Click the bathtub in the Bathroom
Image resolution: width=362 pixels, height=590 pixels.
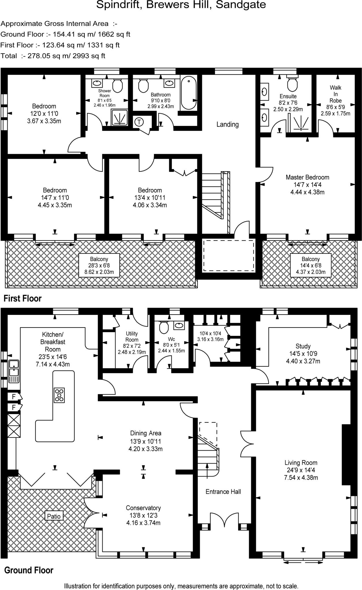(x=189, y=92)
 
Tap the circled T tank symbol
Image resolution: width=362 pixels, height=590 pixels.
(x=139, y=122)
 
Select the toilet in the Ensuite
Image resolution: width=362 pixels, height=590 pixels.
(x=292, y=84)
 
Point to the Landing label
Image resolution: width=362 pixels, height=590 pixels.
(x=228, y=124)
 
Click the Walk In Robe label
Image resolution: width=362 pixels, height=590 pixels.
(x=335, y=94)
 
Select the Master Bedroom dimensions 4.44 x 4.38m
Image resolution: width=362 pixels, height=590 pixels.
(x=307, y=192)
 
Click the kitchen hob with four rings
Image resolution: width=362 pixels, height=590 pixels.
(x=59, y=395)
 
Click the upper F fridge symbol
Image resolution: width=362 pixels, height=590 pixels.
(x=14, y=397)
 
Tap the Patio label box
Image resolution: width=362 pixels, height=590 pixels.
(x=54, y=516)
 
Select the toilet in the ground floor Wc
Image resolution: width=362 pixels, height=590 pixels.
(x=164, y=327)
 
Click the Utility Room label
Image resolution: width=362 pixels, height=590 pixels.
(x=132, y=336)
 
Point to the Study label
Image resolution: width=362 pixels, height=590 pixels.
(x=303, y=346)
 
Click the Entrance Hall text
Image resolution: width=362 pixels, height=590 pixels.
(x=223, y=492)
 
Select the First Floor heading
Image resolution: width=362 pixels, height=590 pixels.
(x=22, y=298)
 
